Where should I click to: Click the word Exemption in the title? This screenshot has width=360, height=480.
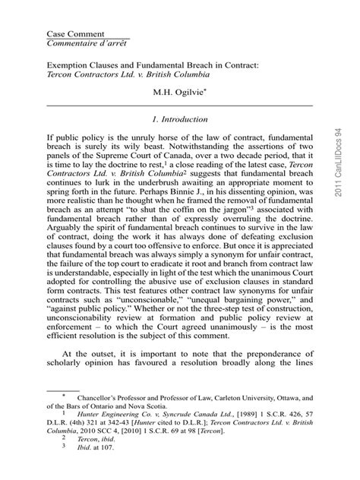(x=71, y=65)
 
